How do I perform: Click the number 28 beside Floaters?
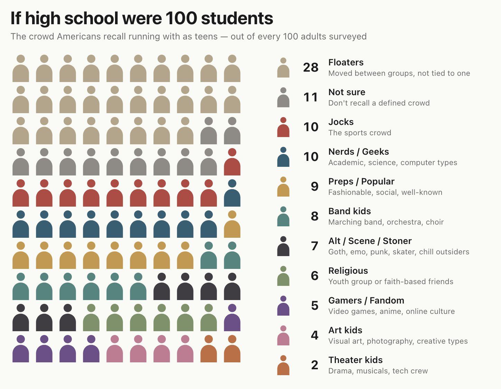click(311, 67)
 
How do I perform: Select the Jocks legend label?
click(341, 122)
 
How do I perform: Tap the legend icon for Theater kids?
click(283, 365)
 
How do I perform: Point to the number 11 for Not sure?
click(311, 97)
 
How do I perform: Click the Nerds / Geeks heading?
click(359, 152)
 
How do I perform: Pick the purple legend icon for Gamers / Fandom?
click(283, 306)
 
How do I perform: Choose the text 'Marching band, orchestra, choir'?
click(386, 222)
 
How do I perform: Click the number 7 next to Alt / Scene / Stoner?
click(314, 246)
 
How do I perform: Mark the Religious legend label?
click(348, 271)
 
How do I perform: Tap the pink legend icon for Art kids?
click(283, 335)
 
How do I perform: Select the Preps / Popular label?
click(361, 181)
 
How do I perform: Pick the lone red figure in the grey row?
click(232, 162)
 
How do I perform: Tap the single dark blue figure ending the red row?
click(232, 193)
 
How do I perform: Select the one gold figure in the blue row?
click(232, 224)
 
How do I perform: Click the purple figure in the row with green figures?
click(232, 317)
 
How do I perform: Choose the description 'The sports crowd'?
click(360, 133)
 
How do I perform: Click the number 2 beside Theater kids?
click(314, 365)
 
